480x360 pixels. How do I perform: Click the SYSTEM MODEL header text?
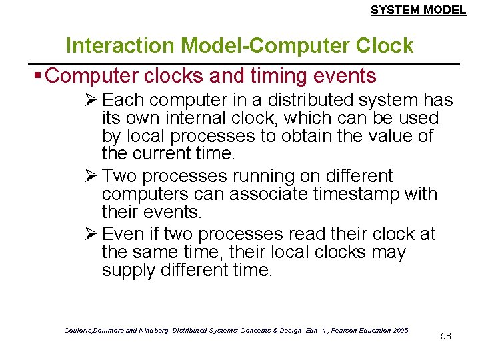pos(418,10)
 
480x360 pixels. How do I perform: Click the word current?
pos(161,153)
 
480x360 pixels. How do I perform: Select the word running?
pos(260,177)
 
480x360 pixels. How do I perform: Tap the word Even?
pos(125,235)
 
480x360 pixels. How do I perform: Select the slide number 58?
pos(446,336)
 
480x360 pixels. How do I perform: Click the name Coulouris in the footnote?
pos(80,330)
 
